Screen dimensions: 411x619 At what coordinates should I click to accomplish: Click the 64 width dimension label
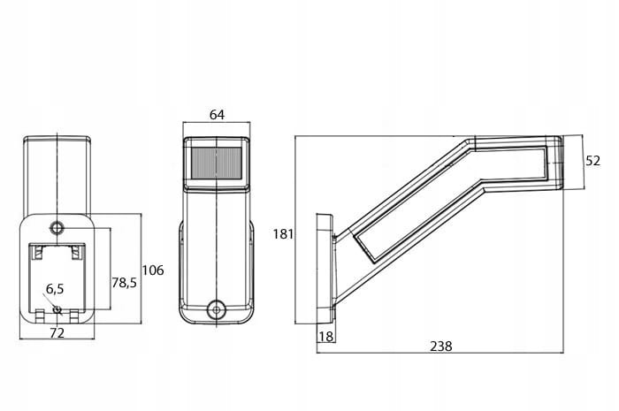[216, 114]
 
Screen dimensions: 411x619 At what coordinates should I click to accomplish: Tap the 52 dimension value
[592, 160]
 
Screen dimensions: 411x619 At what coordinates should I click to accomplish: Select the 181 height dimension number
[283, 234]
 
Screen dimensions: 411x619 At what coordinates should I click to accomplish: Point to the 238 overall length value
[440, 346]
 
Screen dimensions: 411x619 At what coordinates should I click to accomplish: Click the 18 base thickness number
[325, 336]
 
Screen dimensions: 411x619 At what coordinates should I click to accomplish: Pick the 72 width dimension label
[57, 333]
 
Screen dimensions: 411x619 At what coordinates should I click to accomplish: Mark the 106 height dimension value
[153, 270]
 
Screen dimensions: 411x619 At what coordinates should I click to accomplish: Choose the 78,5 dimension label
[124, 282]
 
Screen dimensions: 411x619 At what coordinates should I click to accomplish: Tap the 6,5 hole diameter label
[55, 288]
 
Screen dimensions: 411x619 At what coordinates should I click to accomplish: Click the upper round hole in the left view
[57, 228]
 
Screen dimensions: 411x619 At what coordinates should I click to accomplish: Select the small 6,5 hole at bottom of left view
[58, 310]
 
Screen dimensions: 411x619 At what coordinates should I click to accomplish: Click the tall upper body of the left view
[57, 173]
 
